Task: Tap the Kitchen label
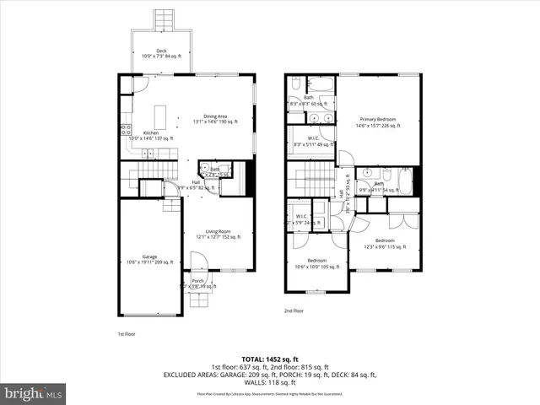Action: (x=152, y=134)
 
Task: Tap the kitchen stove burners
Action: (x=125, y=131)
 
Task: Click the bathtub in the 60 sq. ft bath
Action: (x=321, y=84)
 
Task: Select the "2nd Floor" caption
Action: (x=294, y=310)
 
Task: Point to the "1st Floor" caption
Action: (x=127, y=334)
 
